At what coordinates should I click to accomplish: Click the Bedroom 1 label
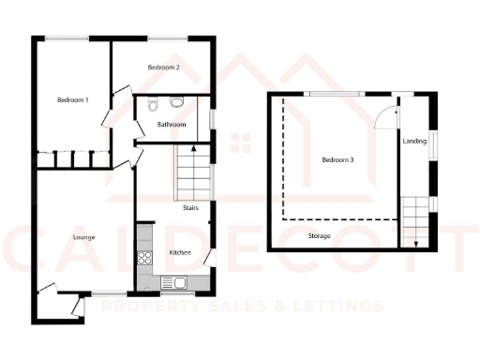[x=72, y=100]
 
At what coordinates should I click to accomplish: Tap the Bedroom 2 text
[x=164, y=68]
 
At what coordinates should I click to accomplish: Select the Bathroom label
[x=171, y=125]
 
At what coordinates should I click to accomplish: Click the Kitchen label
[x=179, y=253]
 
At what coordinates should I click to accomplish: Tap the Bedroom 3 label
[x=337, y=160]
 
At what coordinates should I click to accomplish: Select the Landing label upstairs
[x=413, y=142]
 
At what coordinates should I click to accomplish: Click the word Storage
[x=319, y=236]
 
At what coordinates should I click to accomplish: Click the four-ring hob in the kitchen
[x=145, y=257]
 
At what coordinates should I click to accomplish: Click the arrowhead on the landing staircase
[x=414, y=246]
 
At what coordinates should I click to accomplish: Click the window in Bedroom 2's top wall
[x=165, y=37]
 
